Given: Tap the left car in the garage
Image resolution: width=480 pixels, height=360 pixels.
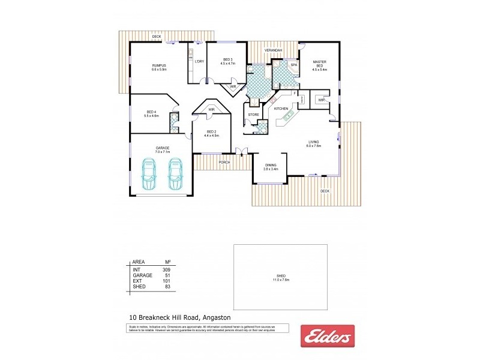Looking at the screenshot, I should pyautogui.click(x=148, y=174).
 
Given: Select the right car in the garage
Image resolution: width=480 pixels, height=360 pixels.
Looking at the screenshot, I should pyautogui.click(x=175, y=174).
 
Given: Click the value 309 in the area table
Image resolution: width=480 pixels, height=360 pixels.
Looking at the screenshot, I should pyautogui.click(x=166, y=270).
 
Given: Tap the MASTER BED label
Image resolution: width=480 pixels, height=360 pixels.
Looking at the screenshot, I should pyautogui.click(x=319, y=63).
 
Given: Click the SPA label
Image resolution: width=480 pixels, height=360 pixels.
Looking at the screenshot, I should pyautogui.click(x=294, y=65).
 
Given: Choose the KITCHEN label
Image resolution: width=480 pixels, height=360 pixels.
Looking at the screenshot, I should pyautogui.click(x=281, y=109).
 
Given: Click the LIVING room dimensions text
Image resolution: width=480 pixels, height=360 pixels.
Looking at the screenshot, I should pyautogui.click(x=314, y=146).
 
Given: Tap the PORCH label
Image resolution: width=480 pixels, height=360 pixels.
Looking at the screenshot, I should pyautogui.click(x=224, y=163).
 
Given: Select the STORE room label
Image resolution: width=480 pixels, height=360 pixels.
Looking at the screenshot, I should pyautogui.click(x=253, y=114).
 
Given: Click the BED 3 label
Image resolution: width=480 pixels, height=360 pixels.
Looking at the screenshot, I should pyautogui.click(x=226, y=59).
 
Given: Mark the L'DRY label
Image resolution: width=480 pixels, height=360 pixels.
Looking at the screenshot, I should pyautogui.click(x=199, y=62).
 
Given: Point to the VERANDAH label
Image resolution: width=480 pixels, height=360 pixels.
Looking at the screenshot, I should pyautogui.click(x=265, y=50).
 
